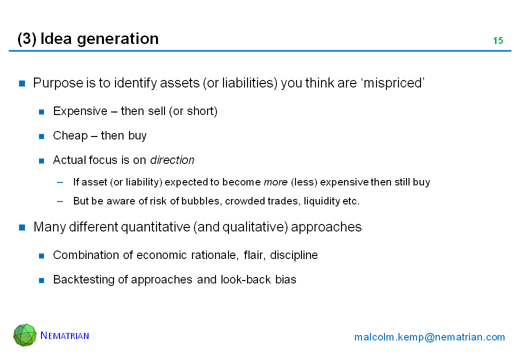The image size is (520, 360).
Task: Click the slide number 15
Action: tap(498, 41)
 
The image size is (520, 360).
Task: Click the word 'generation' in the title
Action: tap(117, 39)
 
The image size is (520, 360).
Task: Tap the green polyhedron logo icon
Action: tap(25, 335)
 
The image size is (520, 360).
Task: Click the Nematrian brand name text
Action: tap(64, 335)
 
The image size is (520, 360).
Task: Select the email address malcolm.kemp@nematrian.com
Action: tap(429, 337)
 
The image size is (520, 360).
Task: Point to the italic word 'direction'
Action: tap(172, 160)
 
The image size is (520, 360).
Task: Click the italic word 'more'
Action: tap(275, 182)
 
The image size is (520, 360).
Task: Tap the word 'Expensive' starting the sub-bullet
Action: tap(80, 111)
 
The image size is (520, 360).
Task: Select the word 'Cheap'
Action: tap(70, 135)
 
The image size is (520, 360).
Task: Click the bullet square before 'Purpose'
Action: tap(22, 83)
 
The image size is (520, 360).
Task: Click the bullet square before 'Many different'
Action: tap(22, 227)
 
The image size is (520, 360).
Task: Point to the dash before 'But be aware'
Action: tap(60, 201)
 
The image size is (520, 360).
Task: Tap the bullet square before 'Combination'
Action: tap(41, 255)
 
